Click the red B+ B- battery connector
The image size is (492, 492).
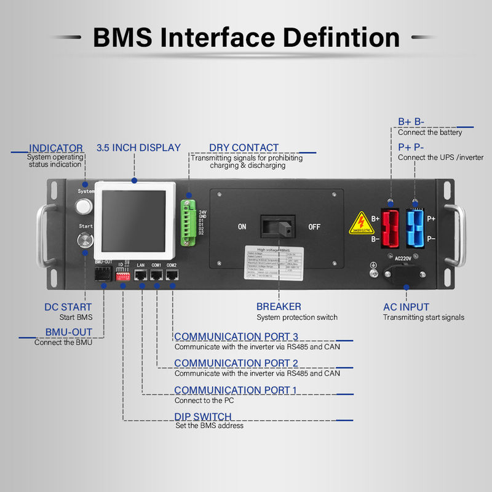coord(390,227)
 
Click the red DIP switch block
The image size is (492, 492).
coord(124,277)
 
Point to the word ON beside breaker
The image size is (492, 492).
coord(242,227)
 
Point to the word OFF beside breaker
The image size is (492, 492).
coord(314,227)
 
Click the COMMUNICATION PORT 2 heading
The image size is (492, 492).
coord(236,363)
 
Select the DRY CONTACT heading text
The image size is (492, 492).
coord(244,148)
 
